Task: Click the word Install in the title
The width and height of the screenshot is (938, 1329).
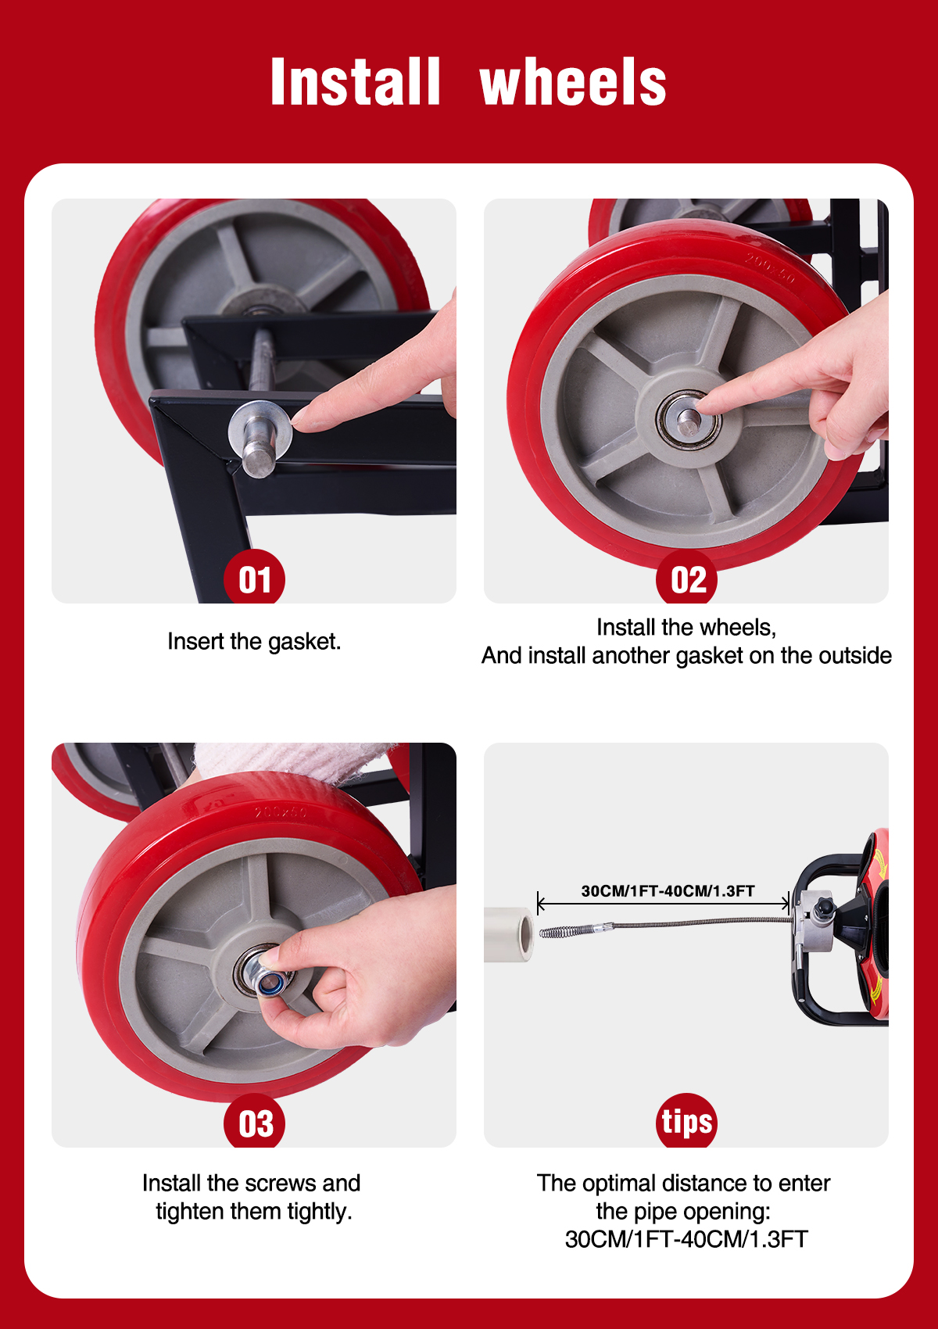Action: pyautogui.click(x=355, y=82)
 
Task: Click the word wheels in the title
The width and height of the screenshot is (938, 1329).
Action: pyautogui.click(x=573, y=82)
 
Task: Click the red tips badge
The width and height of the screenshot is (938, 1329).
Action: pyautogui.click(x=686, y=1121)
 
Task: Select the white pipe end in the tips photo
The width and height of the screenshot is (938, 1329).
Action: pyautogui.click(x=509, y=934)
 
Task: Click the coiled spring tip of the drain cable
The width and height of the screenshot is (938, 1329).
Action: pyautogui.click(x=557, y=933)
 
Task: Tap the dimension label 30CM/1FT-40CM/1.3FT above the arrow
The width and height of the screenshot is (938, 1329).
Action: pyautogui.click(x=668, y=891)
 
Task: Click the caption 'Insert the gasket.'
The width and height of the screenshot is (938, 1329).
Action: pyautogui.click(x=254, y=641)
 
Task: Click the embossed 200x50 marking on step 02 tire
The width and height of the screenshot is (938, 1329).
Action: pyautogui.click(x=769, y=268)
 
